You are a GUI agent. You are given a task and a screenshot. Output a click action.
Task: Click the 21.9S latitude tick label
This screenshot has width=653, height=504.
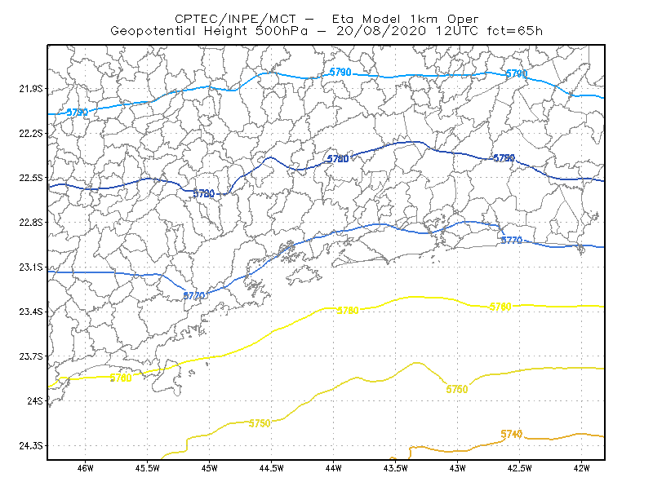click(31, 89)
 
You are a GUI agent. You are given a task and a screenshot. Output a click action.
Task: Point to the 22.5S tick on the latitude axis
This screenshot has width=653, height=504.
click(31, 178)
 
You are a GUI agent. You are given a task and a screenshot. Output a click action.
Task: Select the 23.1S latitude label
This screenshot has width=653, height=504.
click(31, 267)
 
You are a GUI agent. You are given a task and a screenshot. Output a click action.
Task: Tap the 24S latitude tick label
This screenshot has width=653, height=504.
click(35, 400)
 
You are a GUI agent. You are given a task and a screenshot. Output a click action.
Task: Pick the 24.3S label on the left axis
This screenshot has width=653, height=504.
click(31, 446)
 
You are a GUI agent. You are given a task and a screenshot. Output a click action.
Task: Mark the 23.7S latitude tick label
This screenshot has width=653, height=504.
click(31, 356)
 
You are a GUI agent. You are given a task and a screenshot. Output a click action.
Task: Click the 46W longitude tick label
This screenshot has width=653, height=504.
click(86, 468)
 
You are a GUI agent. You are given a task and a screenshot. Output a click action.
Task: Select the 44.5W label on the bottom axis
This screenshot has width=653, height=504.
click(271, 468)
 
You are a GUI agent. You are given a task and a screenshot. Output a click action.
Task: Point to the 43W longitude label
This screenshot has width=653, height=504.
click(457, 468)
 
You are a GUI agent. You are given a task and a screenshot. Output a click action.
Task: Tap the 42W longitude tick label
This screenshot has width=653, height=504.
click(581, 468)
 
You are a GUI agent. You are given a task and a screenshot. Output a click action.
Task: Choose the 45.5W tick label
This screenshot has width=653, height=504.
click(148, 468)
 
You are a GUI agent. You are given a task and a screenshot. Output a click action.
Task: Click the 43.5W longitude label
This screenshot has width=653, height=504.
click(395, 468)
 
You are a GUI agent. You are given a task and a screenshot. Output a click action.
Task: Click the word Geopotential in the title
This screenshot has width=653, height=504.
click(153, 31)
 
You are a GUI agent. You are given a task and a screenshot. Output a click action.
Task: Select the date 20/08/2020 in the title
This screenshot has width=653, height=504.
click(381, 31)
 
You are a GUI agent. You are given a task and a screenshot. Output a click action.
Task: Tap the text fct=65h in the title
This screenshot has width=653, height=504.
click(515, 31)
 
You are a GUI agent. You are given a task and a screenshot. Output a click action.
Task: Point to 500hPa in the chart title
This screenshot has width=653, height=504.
click(282, 31)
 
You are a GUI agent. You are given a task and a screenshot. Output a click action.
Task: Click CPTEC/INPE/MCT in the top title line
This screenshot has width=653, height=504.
click(235, 19)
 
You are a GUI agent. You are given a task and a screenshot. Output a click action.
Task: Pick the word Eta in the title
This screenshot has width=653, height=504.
click(343, 19)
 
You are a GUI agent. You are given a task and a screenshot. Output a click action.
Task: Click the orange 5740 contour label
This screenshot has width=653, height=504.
click(512, 434)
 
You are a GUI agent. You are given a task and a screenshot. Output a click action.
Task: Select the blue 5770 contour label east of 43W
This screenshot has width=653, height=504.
click(512, 240)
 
